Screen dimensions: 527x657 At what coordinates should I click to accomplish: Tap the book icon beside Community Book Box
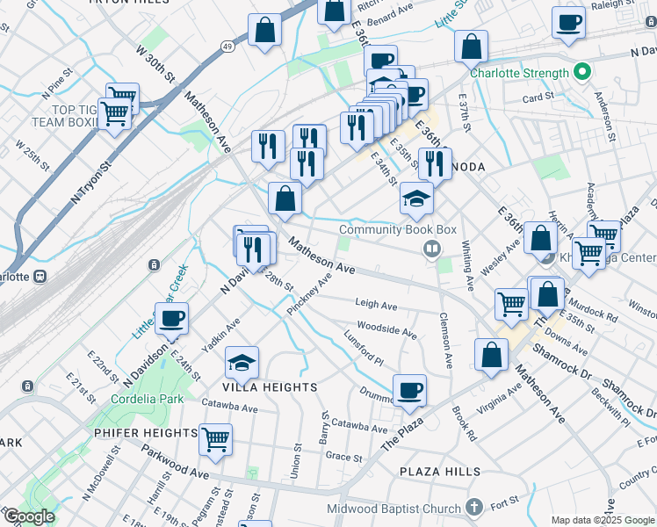(431, 249)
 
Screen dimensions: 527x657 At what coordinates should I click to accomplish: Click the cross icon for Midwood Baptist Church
(475, 508)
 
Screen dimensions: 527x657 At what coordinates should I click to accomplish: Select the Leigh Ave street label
(376, 305)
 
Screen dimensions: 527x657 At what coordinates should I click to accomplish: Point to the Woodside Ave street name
(386, 331)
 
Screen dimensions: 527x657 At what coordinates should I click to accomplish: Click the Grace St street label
(343, 458)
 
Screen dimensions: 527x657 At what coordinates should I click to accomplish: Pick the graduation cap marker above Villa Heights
(242, 362)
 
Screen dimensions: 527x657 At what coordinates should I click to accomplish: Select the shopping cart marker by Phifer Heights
(215, 439)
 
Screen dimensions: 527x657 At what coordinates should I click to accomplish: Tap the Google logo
(28, 516)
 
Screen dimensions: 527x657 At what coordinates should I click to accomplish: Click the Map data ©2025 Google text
(603, 520)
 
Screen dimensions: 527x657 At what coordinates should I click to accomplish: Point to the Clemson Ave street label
(446, 340)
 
